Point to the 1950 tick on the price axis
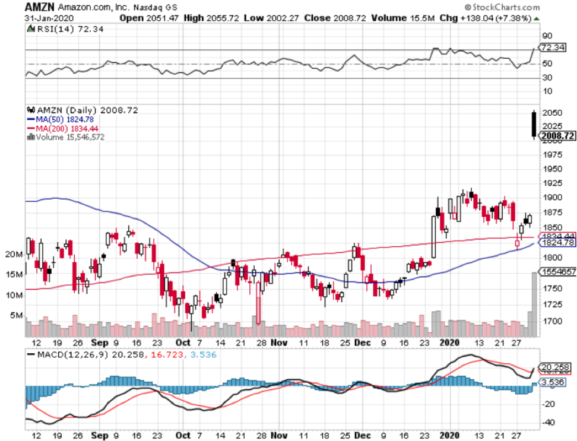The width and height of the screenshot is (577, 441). click(553, 169)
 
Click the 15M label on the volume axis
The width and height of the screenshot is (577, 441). click(14, 274)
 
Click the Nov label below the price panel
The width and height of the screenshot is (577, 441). click(278, 343)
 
